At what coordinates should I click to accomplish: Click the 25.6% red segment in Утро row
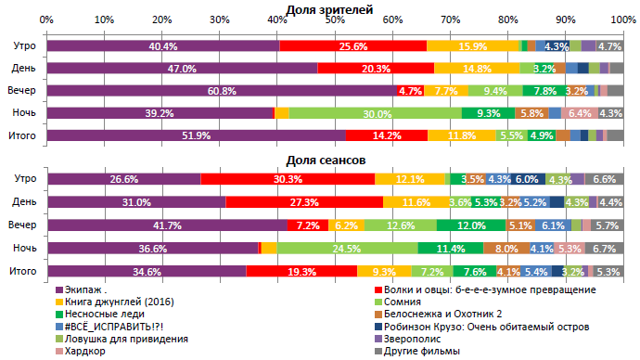point(352,45)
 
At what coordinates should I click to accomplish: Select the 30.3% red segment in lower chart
point(288,179)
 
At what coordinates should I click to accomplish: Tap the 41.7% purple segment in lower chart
point(167,225)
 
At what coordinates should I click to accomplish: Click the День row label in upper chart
point(24,69)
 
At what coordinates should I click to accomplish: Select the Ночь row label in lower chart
point(24,248)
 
